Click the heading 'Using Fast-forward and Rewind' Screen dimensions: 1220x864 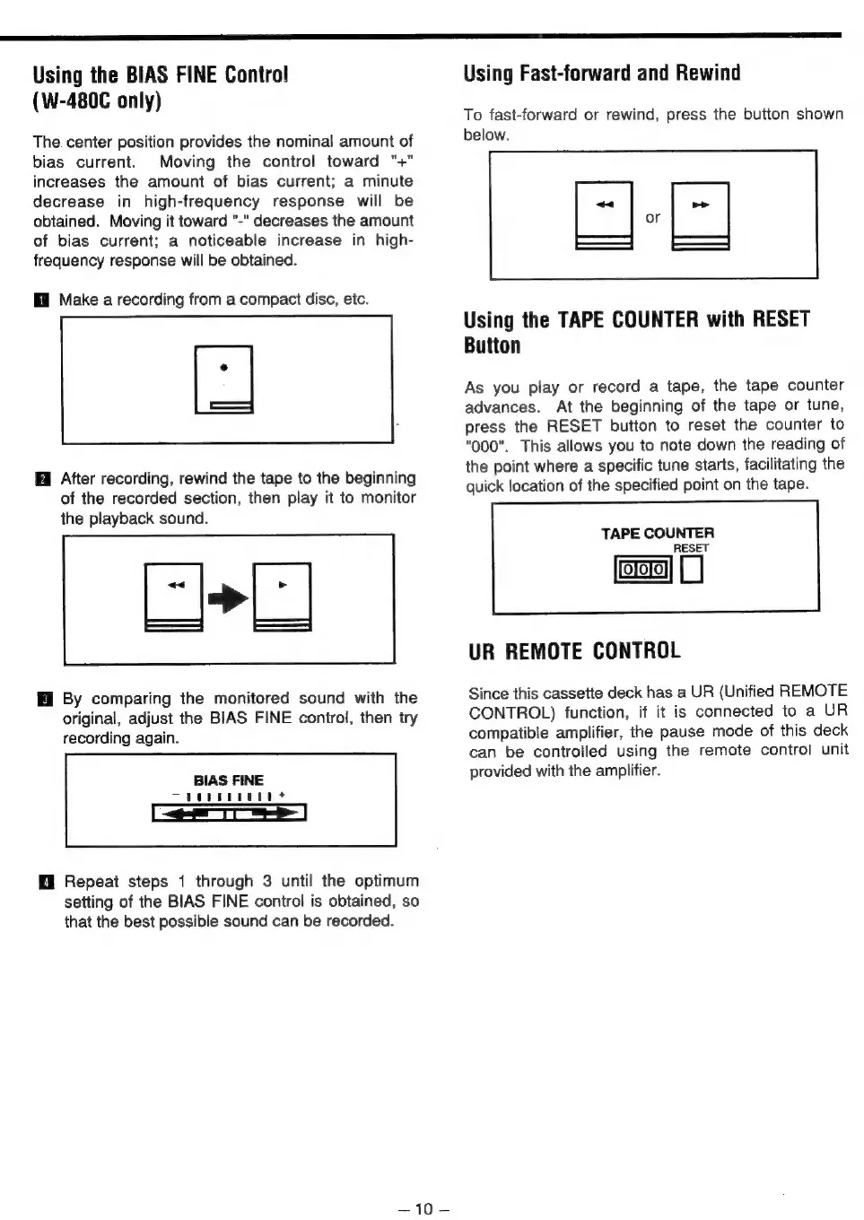coord(602,74)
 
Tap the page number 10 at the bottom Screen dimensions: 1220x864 coord(424,1208)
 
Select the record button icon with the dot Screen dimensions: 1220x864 coord(223,379)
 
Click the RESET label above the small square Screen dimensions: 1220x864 coord(691,548)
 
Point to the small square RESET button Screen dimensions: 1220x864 coord(692,570)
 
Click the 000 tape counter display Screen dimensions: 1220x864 coord(642,570)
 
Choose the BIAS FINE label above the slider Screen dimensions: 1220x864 coord(229,780)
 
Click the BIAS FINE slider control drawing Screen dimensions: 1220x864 coord(230,813)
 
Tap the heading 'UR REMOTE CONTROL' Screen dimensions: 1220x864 coord(574,651)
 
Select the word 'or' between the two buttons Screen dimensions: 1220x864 coord(652,218)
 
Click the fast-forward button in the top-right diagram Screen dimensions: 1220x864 coord(700,215)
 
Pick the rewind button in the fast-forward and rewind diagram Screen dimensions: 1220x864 coord(604,215)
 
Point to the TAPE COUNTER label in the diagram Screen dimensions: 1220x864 coord(658,534)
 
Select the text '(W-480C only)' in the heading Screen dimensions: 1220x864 coord(97,100)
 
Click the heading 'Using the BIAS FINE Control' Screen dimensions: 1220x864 coord(161,74)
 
